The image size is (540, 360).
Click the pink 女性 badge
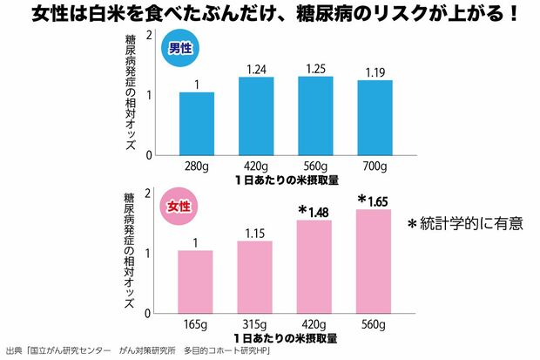coord(179,208)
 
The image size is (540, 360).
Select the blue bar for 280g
coord(197,123)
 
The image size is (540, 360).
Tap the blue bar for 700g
coord(375,118)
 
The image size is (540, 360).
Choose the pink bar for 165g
coord(195,281)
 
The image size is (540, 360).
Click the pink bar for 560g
coord(374,261)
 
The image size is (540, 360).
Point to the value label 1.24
coord(255,69)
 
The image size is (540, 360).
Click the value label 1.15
coord(254,233)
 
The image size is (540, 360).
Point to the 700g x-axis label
coord(375,166)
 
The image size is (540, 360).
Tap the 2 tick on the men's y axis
coord(150,36)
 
